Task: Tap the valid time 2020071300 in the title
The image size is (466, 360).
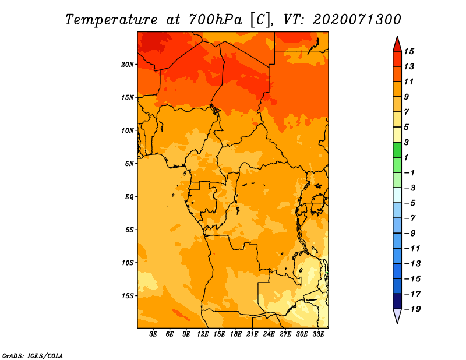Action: tap(357, 19)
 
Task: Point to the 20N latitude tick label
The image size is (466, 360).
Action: tap(128, 64)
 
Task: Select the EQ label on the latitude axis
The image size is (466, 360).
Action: tap(129, 196)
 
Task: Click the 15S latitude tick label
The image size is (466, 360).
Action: tap(128, 295)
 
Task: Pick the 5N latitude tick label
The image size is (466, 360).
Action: tap(129, 163)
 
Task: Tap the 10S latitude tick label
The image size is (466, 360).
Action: tap(128, 263)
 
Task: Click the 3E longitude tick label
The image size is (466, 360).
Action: tap(154, 334)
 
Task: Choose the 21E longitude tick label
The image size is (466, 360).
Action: tap(252, 334)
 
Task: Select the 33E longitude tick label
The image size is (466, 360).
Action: tap(318, 334)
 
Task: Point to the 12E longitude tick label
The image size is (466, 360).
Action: tap(203, 334)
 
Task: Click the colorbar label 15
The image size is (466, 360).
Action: tap(416, 51)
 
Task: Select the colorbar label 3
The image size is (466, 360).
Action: tap(415, 142)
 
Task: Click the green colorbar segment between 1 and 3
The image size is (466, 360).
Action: tap(397, 150)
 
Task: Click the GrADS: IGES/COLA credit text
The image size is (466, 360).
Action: tap(32, 355)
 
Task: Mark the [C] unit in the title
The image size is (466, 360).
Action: tap(262, 19)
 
